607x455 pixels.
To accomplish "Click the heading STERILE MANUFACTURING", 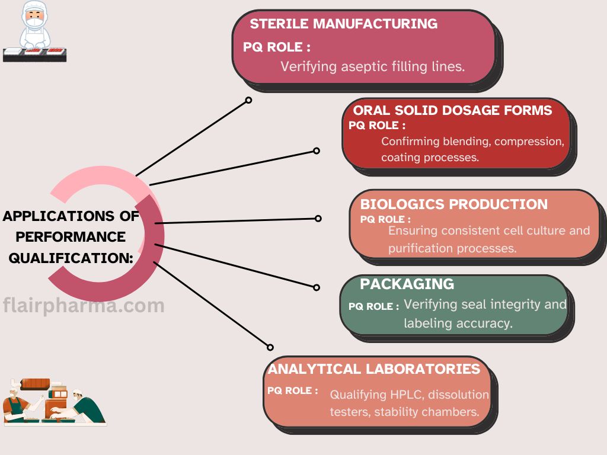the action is coord(344,24).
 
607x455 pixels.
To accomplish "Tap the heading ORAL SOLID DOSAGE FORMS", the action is coord(452,110).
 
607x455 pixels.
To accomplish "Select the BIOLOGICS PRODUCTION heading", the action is coord(453,204).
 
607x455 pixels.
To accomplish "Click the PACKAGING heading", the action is coord(407,284).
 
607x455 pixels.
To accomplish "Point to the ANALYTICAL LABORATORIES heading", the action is coord(374,369).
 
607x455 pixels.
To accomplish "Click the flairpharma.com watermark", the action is coord(84,306).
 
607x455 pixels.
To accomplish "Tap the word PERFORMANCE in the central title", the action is coord(71,237).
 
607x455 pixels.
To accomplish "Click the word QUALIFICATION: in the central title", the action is coord(71,258).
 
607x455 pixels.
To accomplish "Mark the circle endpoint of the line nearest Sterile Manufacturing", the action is coord(248,100).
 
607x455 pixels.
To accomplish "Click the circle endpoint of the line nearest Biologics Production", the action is coord(318,219).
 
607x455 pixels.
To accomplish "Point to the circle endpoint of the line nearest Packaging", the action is coord(317,287).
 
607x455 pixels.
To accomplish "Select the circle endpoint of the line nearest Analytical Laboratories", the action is coord(270,347).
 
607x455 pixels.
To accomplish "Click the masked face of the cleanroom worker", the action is coord(35,18).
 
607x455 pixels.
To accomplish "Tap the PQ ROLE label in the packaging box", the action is coord(373,306).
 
